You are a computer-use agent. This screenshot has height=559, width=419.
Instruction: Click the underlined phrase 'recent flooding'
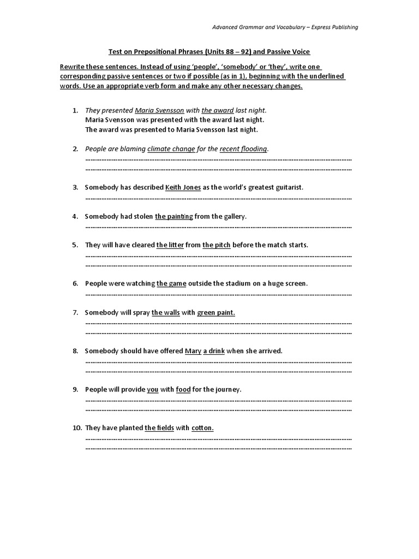click(x=243, y=148)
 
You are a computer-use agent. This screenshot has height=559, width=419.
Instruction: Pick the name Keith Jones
click(x=183, y=187)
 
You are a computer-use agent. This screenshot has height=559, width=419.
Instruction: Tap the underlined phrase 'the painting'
click(x=173, y=216)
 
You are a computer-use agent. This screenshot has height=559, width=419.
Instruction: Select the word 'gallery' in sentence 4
click(x=234, y=216)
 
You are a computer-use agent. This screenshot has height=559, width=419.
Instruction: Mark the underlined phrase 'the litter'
click(x=170, y=245)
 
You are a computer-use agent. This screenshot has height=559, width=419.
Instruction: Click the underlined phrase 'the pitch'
click(x=216, y=245)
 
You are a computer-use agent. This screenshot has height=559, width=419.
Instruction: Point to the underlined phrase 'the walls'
click(x=165, y=312)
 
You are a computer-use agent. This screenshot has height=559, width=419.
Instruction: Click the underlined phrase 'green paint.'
click(x=216, y=312)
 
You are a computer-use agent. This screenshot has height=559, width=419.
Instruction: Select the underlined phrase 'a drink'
click(x=214, y=351)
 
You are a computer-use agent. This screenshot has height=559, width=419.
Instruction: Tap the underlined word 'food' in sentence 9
click(x=183, y=389)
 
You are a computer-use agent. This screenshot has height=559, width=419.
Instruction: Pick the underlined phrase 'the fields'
click(x=159, y=428)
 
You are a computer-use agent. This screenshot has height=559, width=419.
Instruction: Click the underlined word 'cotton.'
click(x=202, y=428)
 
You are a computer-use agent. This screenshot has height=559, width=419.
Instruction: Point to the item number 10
click(x=77, y=428)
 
